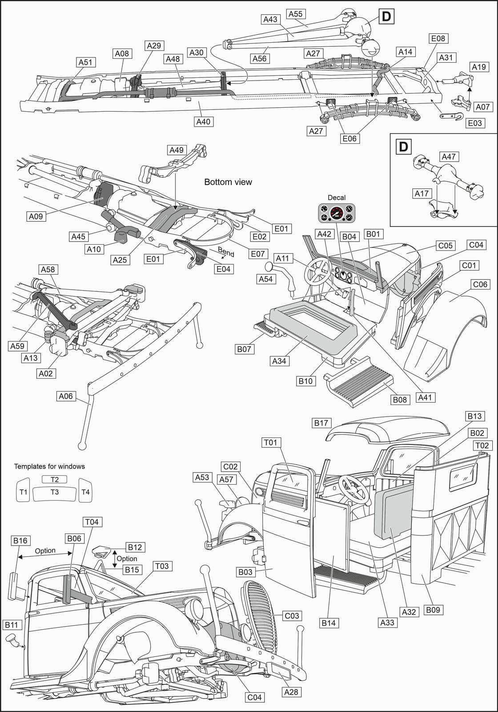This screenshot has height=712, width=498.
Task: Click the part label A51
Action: click(85, 62)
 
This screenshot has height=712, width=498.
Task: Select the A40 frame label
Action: click(203, 121)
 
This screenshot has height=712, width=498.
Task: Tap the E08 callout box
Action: click(438, 38)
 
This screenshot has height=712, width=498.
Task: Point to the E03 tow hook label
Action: click(474, 123)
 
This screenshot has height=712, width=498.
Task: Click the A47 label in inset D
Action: click(449, 157)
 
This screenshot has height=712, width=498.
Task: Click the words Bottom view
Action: click(228, 182)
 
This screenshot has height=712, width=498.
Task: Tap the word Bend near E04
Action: click(226, 252)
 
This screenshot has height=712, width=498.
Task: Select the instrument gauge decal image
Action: click(337, 213)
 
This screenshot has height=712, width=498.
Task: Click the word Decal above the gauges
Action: click(337, 198)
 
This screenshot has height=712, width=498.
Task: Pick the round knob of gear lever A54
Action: click(269, 267)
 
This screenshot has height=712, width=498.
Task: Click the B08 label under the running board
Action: click(400, 400)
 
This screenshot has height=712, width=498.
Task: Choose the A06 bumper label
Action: click(66, 396)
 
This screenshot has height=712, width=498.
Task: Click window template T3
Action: click(55, 492)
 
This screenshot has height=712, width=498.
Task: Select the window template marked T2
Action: click(54, 479)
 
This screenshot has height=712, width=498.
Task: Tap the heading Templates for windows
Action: click(49, 466)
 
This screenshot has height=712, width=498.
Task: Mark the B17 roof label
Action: click(321, 423)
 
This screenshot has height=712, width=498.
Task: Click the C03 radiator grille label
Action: click(292, 616)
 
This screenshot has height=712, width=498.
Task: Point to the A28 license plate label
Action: click(291, 692)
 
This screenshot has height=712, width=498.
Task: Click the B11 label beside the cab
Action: click(12, 625)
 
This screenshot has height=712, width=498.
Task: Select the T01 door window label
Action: click(270, 442)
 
